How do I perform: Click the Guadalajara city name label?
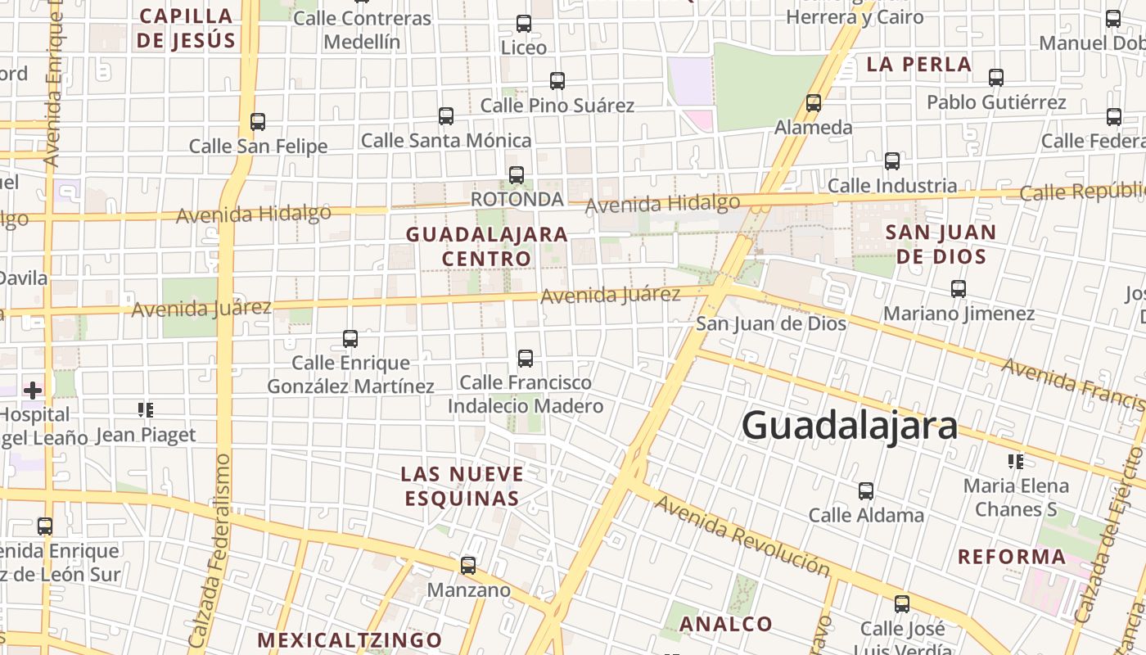pyautogui.click(x=849, y=426)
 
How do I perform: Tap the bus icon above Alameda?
pyautogui.click(x=813, y=103)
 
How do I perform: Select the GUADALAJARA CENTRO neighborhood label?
pyautogui.click(x=487, y=246)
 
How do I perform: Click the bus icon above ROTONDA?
pyautogui.click(x=517, y=174)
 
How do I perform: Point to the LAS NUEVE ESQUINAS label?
pyautogui.click(x=462, y=486)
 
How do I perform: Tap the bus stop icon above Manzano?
pyautogui.click(x=468, y=565)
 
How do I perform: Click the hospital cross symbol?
pyautogui.click(x=33, y=391)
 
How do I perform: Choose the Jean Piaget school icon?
pyautogui.click(x=146, y=409)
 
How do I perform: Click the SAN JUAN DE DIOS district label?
pyautogui.click(x=941, y=244)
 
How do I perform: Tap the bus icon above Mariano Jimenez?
pyautogui.click(x=959, y=288)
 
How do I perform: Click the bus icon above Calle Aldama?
pyautogui.click(x=866, y=491)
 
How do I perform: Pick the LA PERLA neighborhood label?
pyautogui.click(x=918, y=64)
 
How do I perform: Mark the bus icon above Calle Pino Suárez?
pyautogui.click(x=557, y=80)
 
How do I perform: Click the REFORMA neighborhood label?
pyautogui.click(x=1012, y=558)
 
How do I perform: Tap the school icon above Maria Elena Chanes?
pyautogui.click(x=1016, y=462)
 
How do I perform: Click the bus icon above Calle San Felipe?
pyautogui.click(x=258, y=121)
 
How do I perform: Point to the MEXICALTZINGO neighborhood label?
pyautogui.click(x=350, y=640)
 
